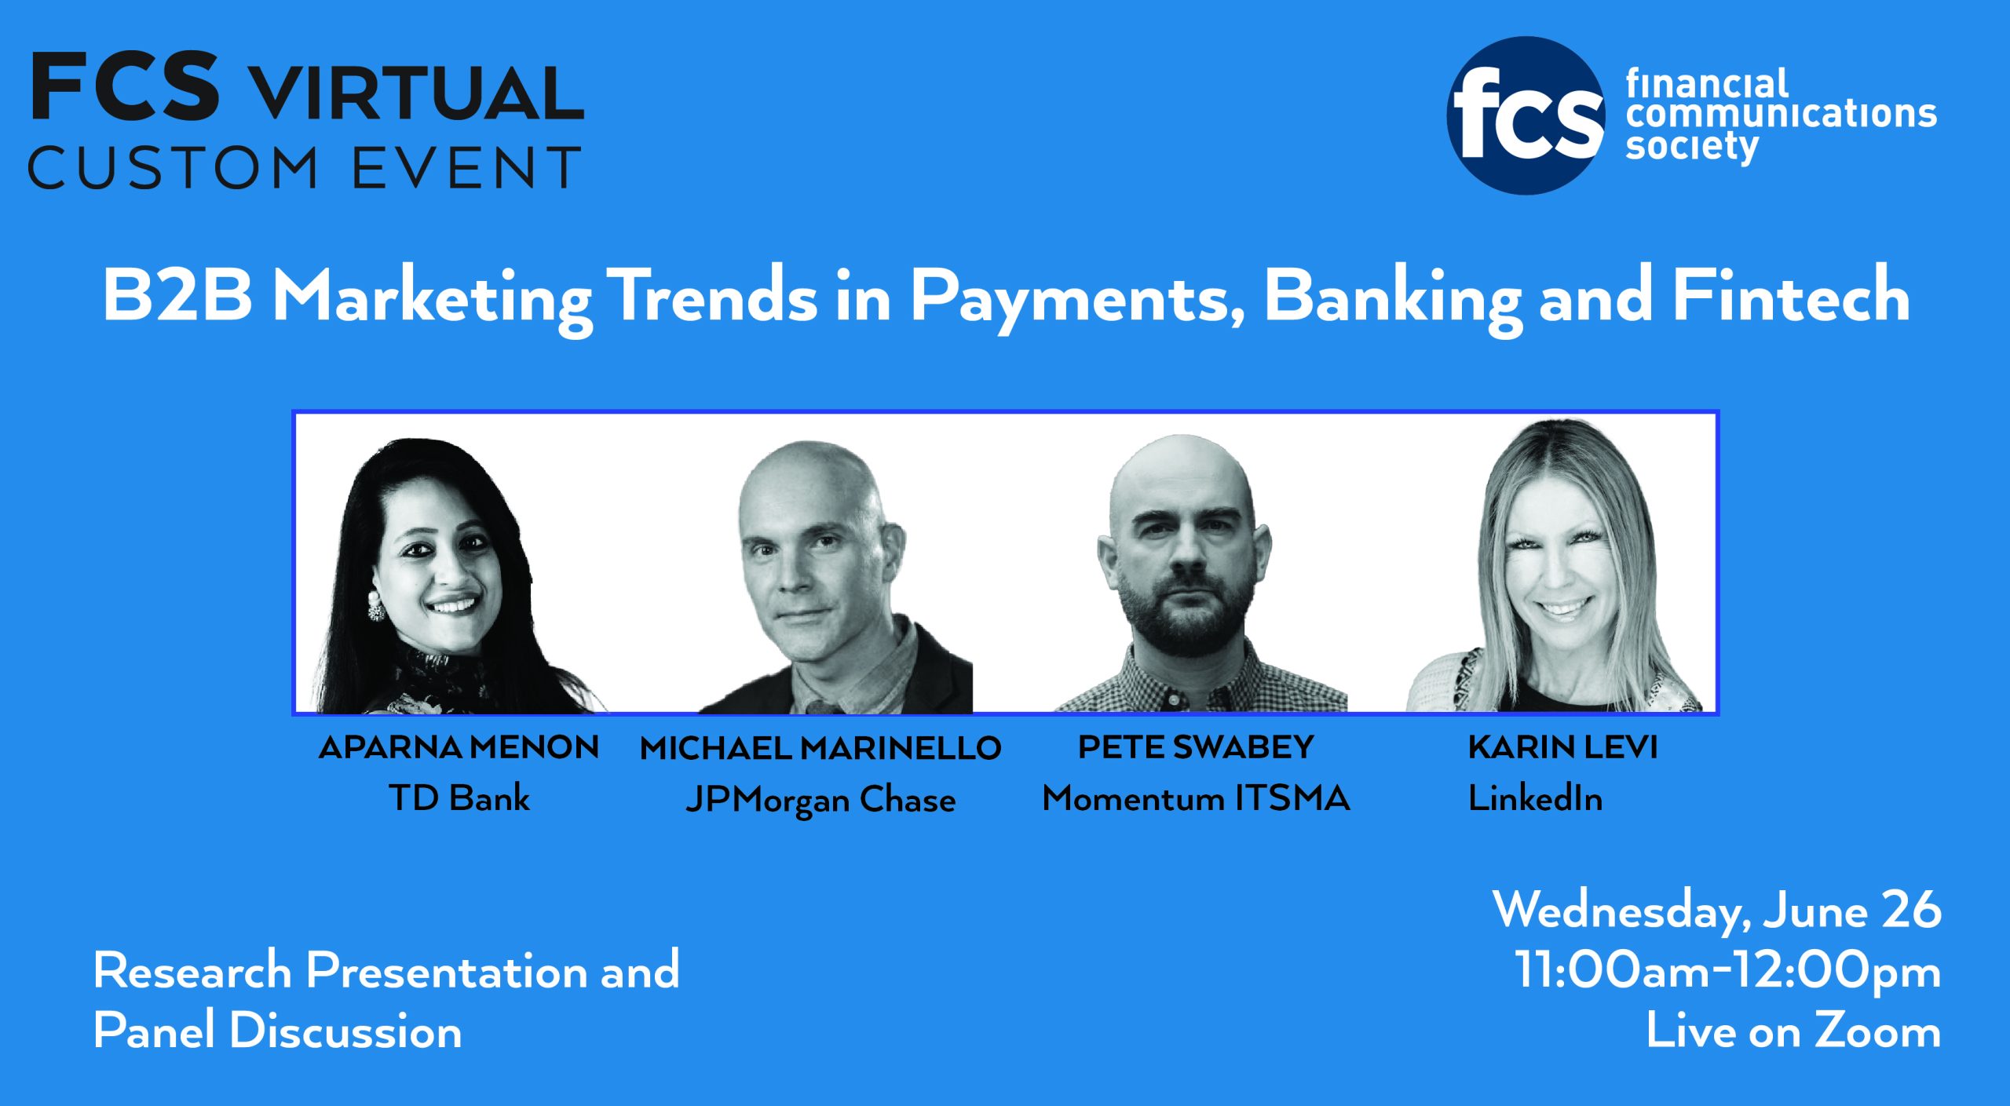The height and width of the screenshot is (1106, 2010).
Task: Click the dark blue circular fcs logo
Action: pos(1526,115)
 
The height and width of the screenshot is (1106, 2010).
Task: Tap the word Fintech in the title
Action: pos(1791,295)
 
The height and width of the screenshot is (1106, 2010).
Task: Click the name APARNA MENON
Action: pos(459,746)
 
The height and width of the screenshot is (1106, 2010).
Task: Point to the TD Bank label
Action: pos(459,798)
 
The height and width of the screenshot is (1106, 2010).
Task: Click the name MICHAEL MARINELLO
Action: pos(820,748)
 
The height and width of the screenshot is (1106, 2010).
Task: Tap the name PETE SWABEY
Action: pos(1196,746)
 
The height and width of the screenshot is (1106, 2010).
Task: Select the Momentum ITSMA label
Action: pos(1196,798)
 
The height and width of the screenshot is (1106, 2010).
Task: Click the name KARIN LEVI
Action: pos(1562,746)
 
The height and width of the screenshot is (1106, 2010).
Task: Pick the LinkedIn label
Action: pos(1535,798)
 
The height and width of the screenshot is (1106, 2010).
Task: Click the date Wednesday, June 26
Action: pos(1717,911)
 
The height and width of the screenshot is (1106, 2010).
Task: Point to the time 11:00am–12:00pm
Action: pos(1727,972)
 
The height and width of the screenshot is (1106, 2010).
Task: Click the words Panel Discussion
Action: pos(277,1031)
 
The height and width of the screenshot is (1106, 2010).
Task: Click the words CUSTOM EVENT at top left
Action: pos(305,167)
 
